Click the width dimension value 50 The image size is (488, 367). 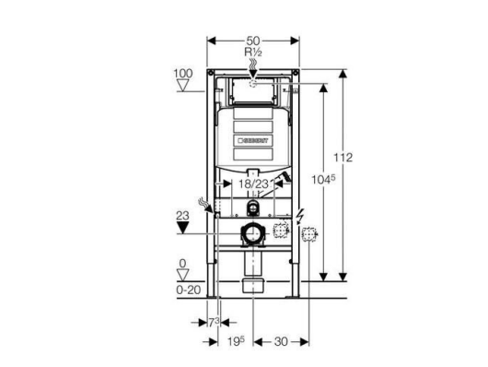(253, 41)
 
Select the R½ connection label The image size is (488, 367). (253, 52)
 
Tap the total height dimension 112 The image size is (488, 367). (343, 158)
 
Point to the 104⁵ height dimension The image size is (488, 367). (324, 179)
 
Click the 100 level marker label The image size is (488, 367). (183, 74)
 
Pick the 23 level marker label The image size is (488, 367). (182, 216)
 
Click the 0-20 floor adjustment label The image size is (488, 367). (188, 290)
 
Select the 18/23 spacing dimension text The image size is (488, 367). (253, 183)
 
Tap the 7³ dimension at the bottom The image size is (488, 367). (214, 323)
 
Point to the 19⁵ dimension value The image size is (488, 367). (236, 341)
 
